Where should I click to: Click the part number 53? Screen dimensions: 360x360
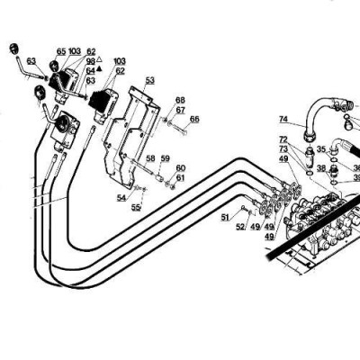(x=149, y=80)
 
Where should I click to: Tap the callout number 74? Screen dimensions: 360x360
(x=283, y=119)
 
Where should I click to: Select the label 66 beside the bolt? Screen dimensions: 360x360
(x=195, y=118)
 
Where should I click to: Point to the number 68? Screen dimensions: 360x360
(x=180, y=100)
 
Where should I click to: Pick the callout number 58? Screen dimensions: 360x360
(x=151, y=159)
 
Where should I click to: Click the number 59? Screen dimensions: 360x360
(x=165, y=159)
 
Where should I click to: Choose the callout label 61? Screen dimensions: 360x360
(x=181, y=177)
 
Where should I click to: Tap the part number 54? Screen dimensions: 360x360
(x=121, y=197)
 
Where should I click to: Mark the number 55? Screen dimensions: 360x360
(x=136, y=207)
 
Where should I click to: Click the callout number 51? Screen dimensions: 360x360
(x=225, y=217)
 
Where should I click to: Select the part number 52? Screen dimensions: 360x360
(x=240, y=227)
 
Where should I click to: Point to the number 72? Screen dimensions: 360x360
(x=283, y=139)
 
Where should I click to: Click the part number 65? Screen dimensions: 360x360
(x=61, y=51)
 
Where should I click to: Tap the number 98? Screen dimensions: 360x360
(x=90, y=60)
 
